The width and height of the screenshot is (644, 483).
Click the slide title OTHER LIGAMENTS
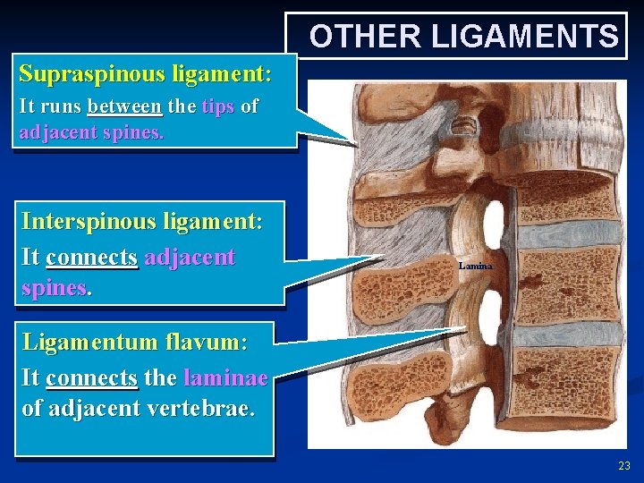[463, 37]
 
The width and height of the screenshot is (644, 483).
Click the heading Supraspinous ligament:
[145, 72]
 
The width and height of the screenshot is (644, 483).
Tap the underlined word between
[125, 106]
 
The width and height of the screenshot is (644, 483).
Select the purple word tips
[218, 106]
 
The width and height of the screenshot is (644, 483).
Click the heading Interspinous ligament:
[141, 221]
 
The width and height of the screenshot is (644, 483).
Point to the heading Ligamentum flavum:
[135, 342]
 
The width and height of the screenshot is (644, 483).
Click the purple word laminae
[225, 377]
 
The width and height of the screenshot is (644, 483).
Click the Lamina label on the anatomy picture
[475, 266]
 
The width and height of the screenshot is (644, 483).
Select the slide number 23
[623, 465]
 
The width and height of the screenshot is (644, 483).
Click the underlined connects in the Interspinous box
[92, 258]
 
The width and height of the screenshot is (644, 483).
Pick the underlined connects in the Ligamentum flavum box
[92, 377]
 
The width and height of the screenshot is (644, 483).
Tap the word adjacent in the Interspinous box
[190, 258]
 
